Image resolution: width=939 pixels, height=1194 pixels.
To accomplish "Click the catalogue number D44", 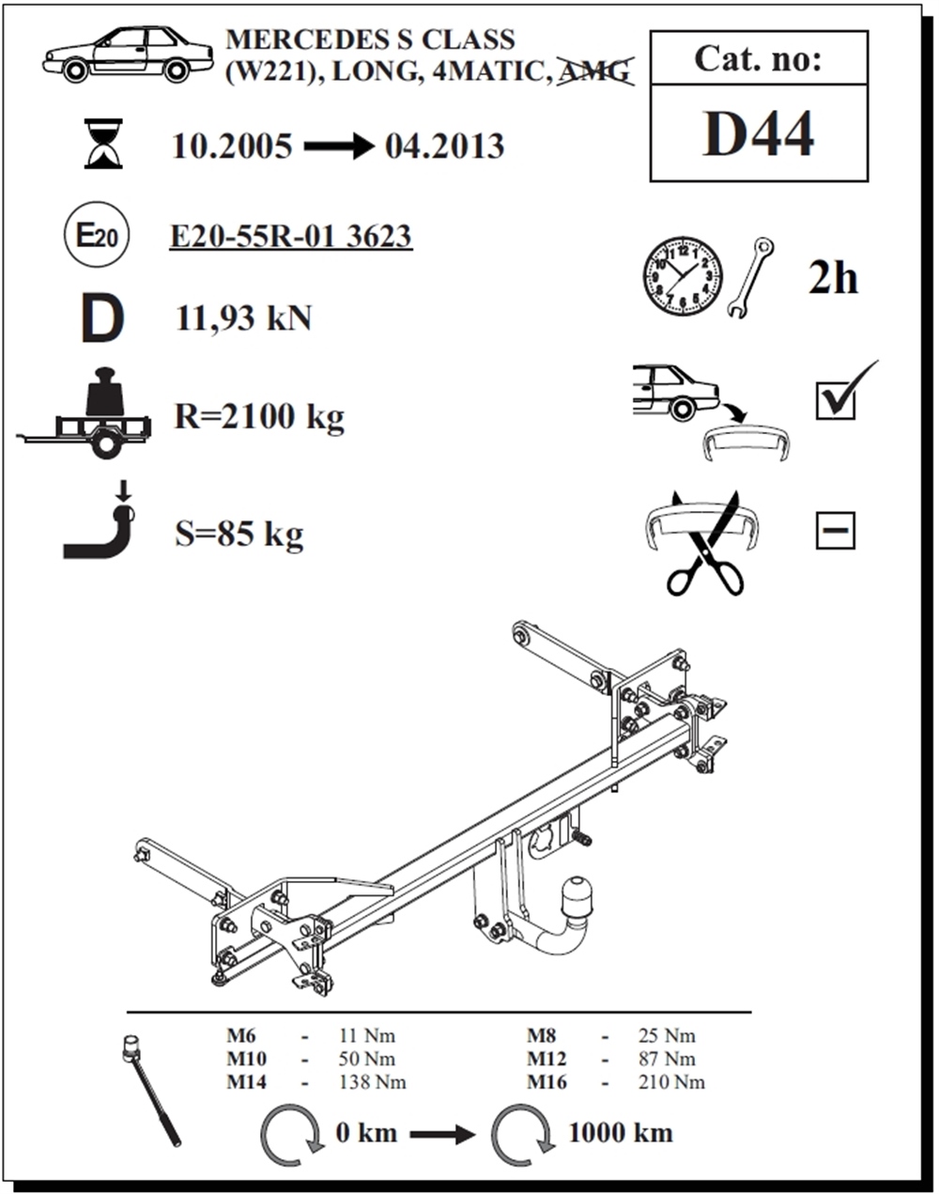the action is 758,133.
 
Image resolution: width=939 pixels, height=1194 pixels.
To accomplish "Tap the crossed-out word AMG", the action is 595,71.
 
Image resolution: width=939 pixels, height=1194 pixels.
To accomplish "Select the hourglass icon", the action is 103,143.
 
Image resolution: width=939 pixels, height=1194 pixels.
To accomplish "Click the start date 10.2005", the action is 232,147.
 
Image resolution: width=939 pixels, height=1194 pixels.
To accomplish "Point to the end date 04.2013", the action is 445,147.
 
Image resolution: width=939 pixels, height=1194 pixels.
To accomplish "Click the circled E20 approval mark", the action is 97,234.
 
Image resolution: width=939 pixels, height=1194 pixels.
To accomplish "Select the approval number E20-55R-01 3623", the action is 291,237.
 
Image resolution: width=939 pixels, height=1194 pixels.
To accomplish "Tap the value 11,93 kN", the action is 244,318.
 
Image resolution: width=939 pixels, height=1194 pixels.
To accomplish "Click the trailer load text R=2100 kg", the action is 259,417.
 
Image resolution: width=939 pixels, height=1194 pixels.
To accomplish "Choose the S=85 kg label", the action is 239,534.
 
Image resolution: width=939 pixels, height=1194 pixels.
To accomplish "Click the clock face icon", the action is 683,276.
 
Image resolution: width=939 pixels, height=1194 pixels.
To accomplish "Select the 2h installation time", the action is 833,277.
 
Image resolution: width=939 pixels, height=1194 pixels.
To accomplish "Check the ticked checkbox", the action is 836,400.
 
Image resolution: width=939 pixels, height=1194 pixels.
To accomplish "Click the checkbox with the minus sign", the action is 836,531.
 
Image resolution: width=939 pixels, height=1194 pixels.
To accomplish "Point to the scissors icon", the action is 705,544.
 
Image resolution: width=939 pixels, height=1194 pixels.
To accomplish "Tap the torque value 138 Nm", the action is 372,1082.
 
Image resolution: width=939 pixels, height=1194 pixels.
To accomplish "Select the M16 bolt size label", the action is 546,1082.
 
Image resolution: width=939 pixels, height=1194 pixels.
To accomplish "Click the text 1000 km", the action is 622,1132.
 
